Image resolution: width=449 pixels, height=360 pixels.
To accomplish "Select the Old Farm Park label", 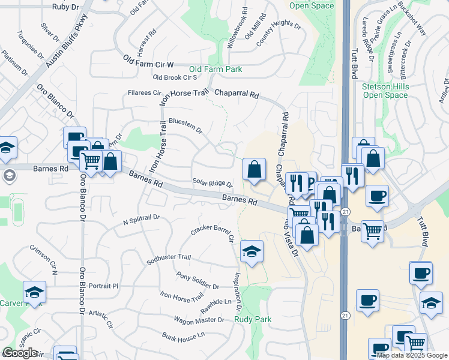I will pyautogui.click(x=215, y=70).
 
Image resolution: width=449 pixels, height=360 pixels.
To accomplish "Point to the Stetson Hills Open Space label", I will pyautogui.click(x=385, y=91).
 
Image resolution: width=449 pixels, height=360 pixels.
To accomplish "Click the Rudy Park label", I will pyautogui.click(x=252, y=319).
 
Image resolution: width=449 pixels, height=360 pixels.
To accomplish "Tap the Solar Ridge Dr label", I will pyautogui.click(x=212, y=183).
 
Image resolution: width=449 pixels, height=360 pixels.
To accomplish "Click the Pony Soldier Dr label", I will pyautogui.click(x=199, y=280).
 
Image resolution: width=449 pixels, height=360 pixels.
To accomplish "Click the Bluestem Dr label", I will pyautogui.click(x=185, y=125).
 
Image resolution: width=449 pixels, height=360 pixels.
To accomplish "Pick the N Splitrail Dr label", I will pyautogui.click(x=140, y=220).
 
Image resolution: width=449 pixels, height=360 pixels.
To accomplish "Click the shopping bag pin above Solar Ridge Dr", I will pyautogui.click(x=255, y=169).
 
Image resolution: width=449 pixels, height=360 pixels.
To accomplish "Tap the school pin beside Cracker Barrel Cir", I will pyautogui.click(x=252, y=252).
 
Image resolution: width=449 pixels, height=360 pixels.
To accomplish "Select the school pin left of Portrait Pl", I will pyautogui.click(x=35, y=292).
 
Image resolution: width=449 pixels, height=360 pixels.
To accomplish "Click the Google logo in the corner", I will pyautogui.click(x=20, y=353).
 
